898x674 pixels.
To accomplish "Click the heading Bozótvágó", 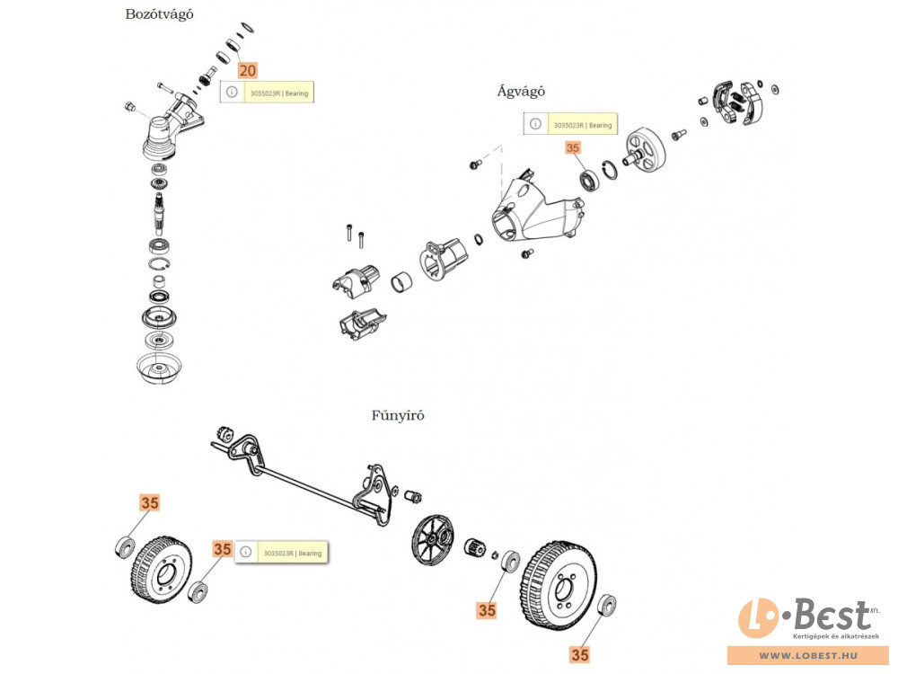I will (159, 14).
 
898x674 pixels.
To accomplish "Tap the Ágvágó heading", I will (521, 91).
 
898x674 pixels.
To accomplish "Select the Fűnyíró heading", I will (398, 415).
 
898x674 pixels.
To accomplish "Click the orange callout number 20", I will (247, 70).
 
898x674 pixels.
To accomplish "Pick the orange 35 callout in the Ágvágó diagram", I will (573, 150).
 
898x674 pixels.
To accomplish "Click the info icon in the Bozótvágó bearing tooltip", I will (232, 93).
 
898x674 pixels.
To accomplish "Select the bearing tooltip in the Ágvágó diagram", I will (571, 125).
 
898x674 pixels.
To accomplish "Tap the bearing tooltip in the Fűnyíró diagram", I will (281, 553).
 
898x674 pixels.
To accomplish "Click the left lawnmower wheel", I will (157, 572).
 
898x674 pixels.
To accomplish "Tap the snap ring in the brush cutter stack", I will (159, 267).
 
